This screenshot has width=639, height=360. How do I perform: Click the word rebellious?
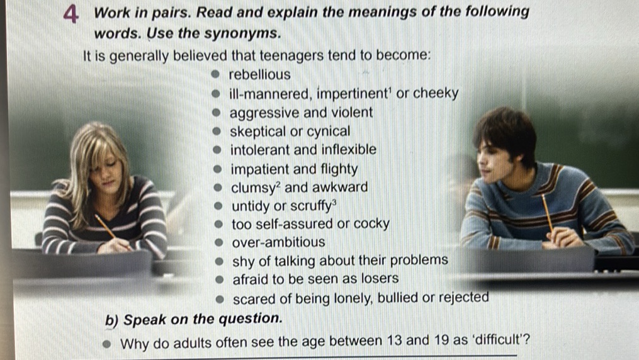(x=259, y=75)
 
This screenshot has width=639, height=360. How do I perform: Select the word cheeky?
(x=436, y=94)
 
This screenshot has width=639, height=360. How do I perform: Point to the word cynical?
(x=329, y=132)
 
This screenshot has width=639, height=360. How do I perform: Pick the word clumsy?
(x=254, y=188)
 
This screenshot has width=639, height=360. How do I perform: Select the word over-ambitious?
(x=278, y=242)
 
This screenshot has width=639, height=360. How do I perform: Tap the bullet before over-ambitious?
(x=218, y=242)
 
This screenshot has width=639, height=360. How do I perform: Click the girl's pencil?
(x=106, y=227)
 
